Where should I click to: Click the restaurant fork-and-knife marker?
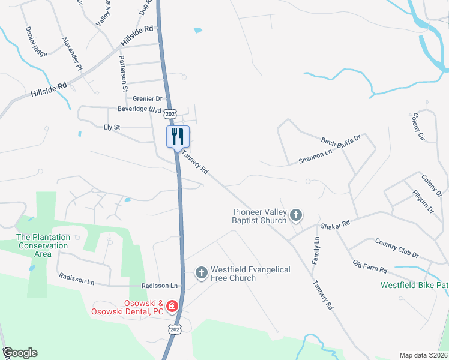coord(178,136)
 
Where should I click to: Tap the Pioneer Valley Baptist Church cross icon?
coord(295,215)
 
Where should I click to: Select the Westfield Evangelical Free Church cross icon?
coord(202,273)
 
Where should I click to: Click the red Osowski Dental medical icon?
coord(172,307)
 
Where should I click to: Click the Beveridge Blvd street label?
coord(139,110)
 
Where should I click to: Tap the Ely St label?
coord(112,127)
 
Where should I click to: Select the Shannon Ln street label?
coord(315,157)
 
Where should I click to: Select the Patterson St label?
coord(124,73)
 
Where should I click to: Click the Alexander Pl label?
coord(72,54)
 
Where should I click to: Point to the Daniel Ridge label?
coord(36,41)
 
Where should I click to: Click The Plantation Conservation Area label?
coord(43,245)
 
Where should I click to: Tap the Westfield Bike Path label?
coord(414,286)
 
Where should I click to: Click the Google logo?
coord(20,353)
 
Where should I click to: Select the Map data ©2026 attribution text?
coord(423,355)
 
